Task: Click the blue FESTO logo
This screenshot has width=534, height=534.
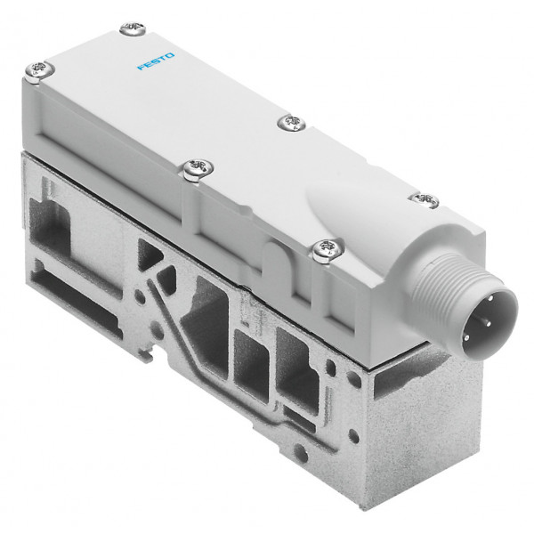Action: click(156, 61)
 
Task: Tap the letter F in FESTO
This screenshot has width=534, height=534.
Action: click(141, 67)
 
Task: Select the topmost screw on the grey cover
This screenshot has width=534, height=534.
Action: click(133, 28)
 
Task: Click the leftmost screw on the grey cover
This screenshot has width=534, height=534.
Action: click(40, 71)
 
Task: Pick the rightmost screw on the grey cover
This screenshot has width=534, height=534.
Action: click(425, 200)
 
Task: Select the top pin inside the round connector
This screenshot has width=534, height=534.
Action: click(490, 298)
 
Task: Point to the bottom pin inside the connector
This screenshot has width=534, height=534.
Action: click(466, 337)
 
